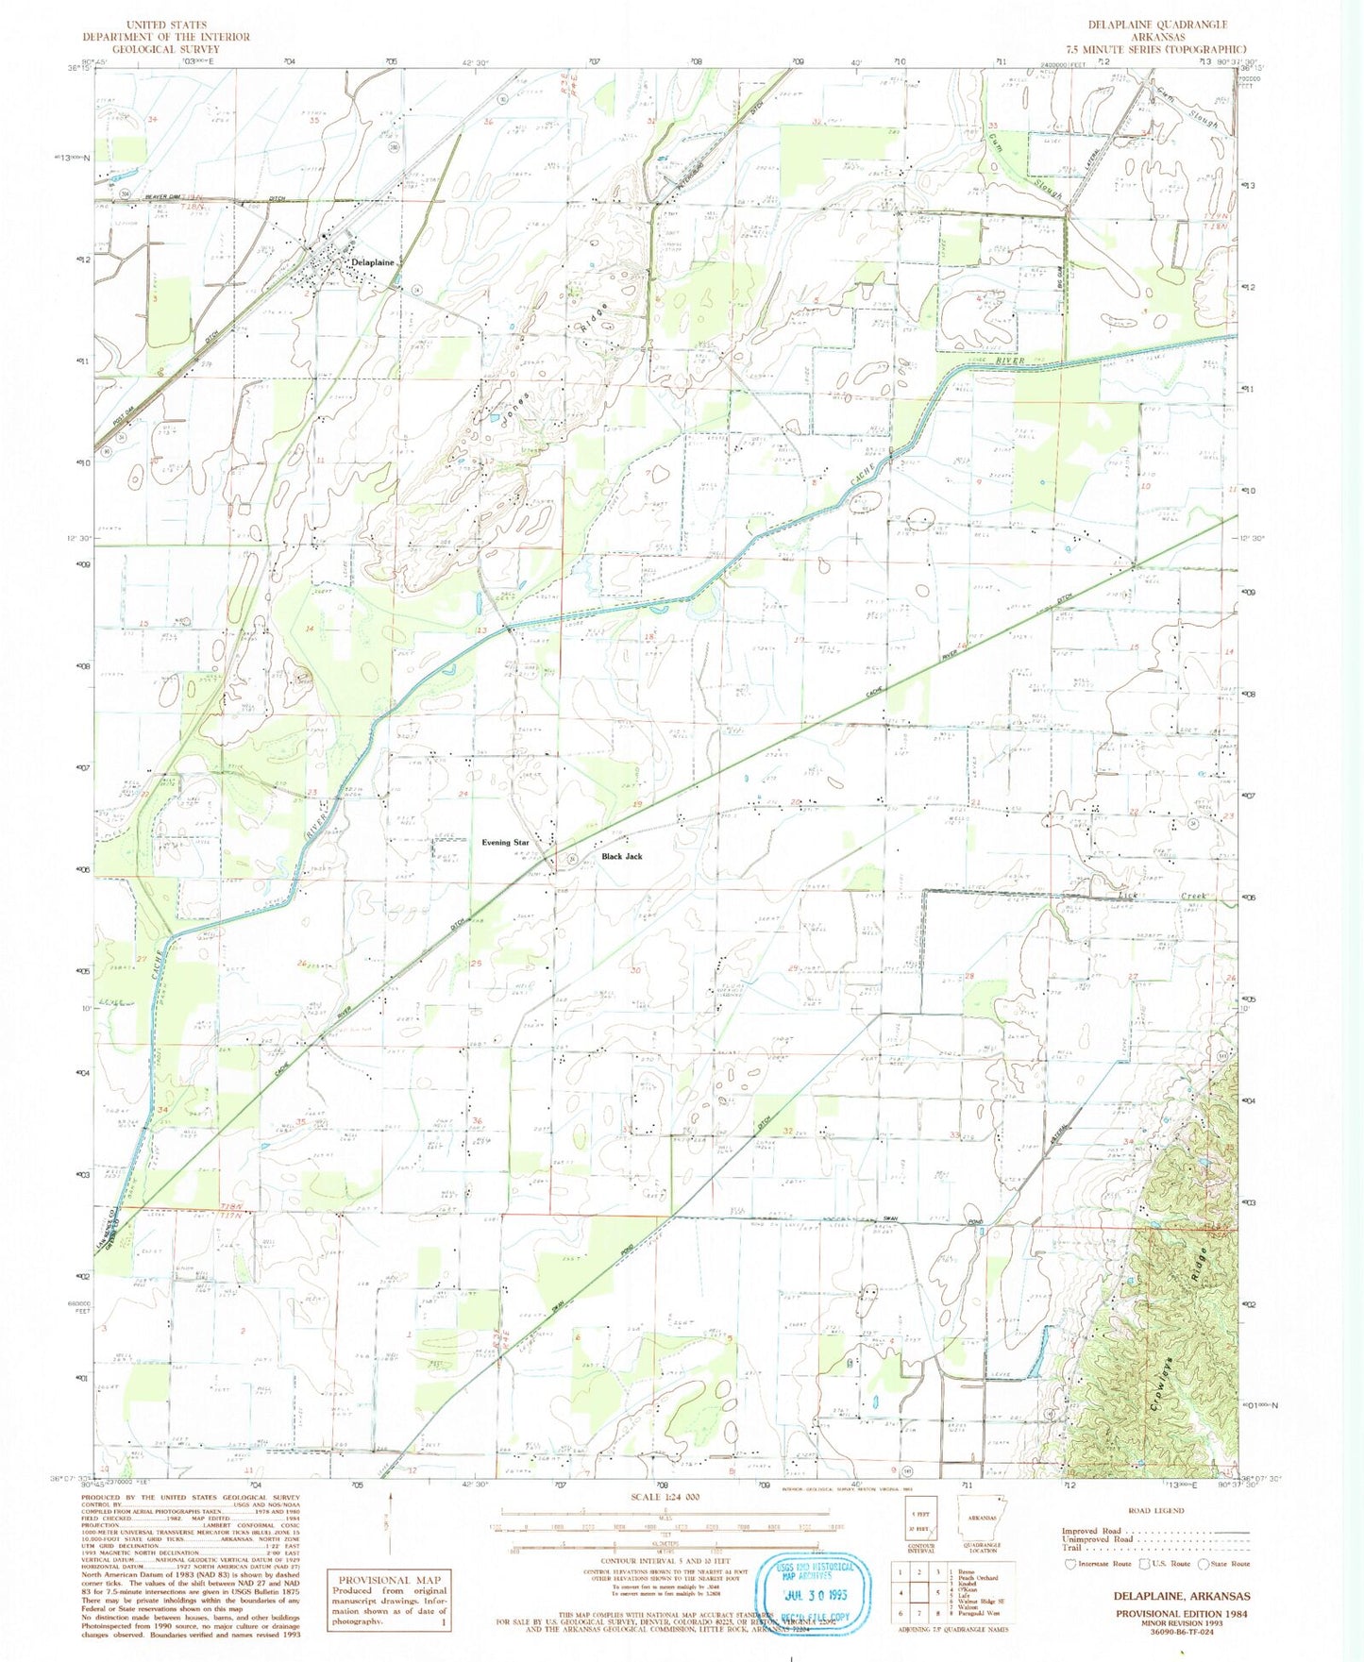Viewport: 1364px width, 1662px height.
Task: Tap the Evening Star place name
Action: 505,842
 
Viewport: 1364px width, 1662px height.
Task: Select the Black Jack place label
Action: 622,856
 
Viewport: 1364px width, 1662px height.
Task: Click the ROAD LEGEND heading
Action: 1156,1510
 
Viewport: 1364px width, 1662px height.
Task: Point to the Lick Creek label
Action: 1145,892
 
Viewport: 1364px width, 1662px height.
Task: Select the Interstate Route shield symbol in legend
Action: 1069,1564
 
